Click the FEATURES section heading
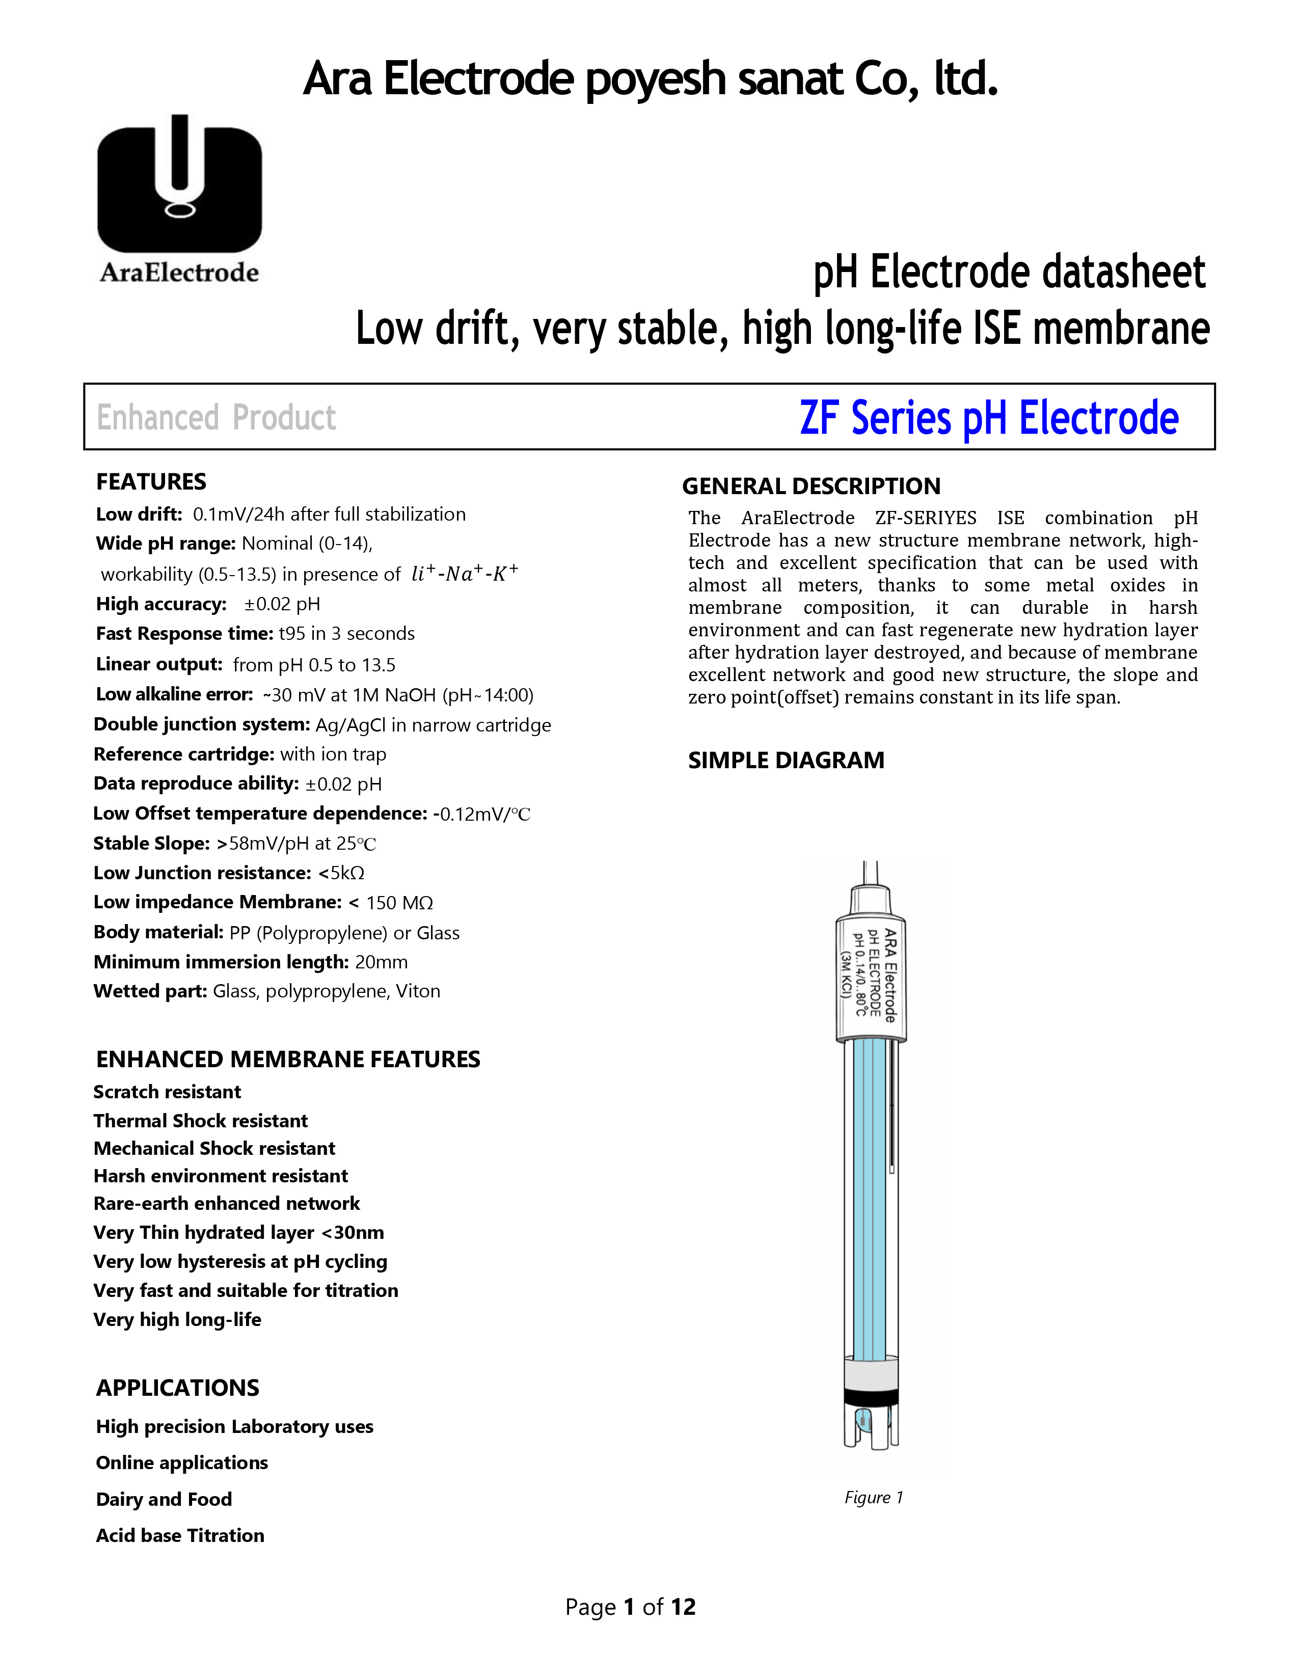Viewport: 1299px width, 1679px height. tap(151, 482)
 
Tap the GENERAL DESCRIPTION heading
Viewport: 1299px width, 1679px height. tap(811, 486)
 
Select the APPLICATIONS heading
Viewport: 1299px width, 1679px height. tap(178, 1388)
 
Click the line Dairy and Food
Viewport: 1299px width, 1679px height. tap(164, 1499)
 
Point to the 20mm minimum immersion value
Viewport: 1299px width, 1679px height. tap(381, 962)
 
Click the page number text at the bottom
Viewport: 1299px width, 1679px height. tap(630, 1607)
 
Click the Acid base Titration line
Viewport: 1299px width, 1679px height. tap(180, 1535)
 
